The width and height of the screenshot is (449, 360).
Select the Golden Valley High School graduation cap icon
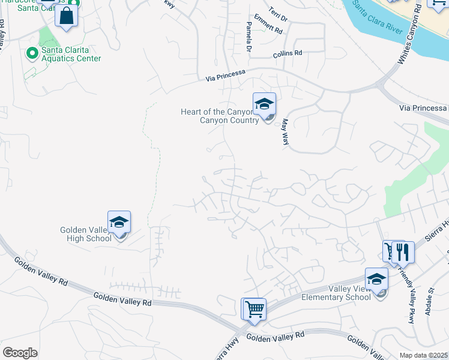click(x=119, y=222)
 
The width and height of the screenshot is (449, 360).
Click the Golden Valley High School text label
click(x=86, y=234)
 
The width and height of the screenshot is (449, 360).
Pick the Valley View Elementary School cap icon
click(x=376, y=279)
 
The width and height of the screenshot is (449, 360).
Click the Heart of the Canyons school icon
click(x=264, y=104)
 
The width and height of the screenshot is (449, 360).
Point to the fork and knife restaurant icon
click(x=403, y=252)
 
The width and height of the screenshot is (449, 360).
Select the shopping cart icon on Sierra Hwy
click(x=255, y=309)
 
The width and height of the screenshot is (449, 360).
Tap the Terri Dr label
click(x=278, y=16)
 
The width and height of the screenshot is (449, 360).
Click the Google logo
click(x=20, y=352)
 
